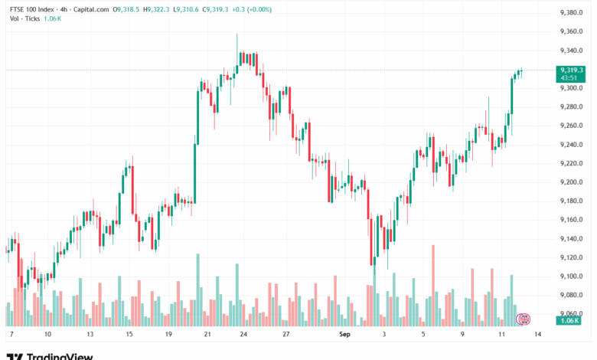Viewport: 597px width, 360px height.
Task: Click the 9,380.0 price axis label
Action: coord(572,12)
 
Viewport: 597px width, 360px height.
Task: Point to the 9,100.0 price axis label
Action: coord(572,277)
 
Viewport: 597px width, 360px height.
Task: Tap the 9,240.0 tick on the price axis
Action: coord(572,144)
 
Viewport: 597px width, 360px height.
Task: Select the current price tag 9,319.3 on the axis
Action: coord(572,70)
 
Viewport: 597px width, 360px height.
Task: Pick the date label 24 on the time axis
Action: coord(243,335)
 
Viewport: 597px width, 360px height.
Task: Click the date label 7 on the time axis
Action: coord(11,335)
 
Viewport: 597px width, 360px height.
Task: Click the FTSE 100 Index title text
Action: coord(35,10)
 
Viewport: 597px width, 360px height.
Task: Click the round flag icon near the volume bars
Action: coord(524,318)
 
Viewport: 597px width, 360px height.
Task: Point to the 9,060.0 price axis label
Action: coord(572,313)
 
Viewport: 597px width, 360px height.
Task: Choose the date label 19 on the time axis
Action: coord(166,335)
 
